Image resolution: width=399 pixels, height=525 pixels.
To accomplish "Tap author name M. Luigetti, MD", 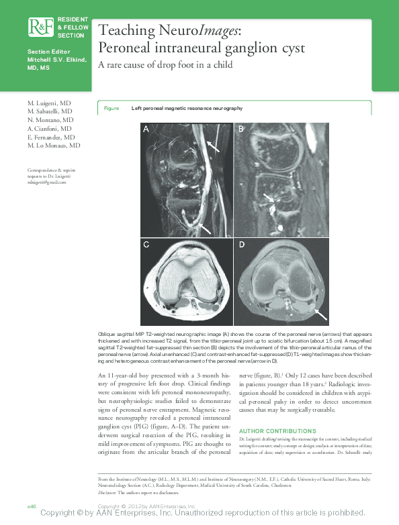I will (x=50, y=103).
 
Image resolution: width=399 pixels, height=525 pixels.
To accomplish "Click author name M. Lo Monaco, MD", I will (x=54, y=145).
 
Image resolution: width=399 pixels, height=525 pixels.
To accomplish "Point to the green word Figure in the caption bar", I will (x=112, y=108).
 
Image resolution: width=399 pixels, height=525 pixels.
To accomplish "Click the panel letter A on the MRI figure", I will (x=145, y=130).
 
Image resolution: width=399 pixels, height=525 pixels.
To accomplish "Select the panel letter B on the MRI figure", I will (x=242, y=130).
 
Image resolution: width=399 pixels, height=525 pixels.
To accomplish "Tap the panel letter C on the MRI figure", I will (x=145, y=245).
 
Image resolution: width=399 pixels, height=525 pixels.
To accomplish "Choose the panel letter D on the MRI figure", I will (x=242, y=245).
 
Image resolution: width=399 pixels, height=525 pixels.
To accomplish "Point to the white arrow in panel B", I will (x=269, y=197).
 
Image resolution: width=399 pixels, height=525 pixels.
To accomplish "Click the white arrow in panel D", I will (x=321, y=314).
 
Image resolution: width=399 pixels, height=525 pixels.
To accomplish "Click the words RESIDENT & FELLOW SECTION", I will (x=71, y=27).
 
